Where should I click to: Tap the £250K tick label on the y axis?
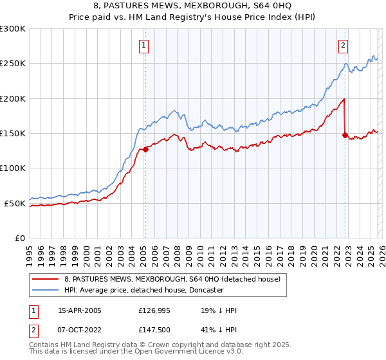click(x=13, y=64)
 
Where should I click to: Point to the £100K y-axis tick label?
click(x=13, y=168)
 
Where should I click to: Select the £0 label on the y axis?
click(x=20, y=238)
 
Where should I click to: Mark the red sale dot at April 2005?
click(x=145, y=149)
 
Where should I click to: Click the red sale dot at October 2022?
click(x=345, y=135)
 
